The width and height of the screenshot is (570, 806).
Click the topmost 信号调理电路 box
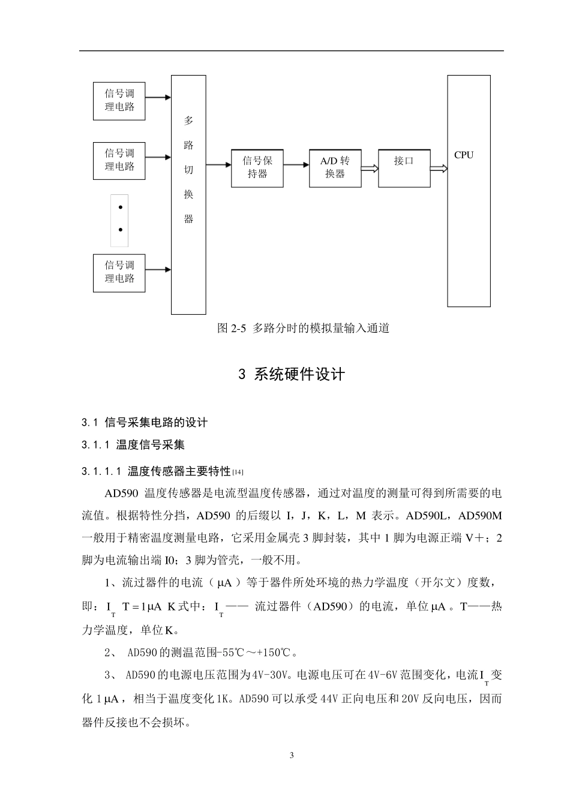(x=119, y=101)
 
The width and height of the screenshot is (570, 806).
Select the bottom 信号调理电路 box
(x=119, y=273)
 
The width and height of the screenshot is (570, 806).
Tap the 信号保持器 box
(x=257, y=168)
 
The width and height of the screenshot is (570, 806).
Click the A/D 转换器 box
(x=335, y=168)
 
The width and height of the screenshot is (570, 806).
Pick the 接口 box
(x=404, y=168)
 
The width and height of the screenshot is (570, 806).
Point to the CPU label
(x=464, y=155)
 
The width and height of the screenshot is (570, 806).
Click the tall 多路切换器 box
(x=188, y=194)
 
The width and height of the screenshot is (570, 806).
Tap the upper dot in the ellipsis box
(x=120, y=207)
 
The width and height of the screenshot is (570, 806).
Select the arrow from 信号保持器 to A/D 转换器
(x=296, y=167)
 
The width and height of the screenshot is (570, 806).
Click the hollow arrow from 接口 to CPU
(x=439, y=169)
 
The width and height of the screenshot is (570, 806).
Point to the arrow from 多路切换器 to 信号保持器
(x=218, y=167)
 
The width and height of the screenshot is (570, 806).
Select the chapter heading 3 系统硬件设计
(x=292, y=375)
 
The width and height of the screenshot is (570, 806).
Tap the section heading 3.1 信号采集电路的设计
(x=145, y=423)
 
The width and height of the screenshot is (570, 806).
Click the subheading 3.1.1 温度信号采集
(x=133, y=445)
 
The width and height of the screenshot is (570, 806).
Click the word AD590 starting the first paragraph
(x=121, y=494)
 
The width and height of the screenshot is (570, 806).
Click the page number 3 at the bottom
(x=292, y=755)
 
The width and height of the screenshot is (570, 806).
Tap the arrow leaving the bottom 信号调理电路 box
(x=158, y=270)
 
